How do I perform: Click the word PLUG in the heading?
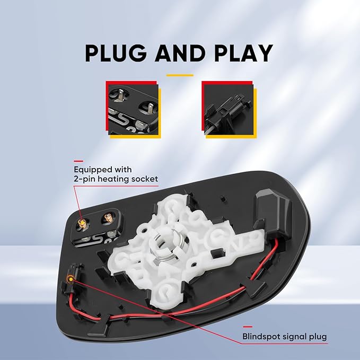tap(116, 53)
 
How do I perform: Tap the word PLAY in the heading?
tap(243, 53)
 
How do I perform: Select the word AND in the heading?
tap(180, 53)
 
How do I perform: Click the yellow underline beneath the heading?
tap(180, 75)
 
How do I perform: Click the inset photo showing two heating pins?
tap(133, 110)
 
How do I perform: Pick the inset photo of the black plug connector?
tap(229, 110)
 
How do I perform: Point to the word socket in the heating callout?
tap(145, 179)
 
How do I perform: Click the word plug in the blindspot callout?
tap(318, 338)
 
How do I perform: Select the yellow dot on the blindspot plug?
tap(71, 279)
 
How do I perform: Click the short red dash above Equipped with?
tap(78, 161)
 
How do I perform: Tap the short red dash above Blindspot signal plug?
tap(248, 327)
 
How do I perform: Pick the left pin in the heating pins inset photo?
tap(121, 95)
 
